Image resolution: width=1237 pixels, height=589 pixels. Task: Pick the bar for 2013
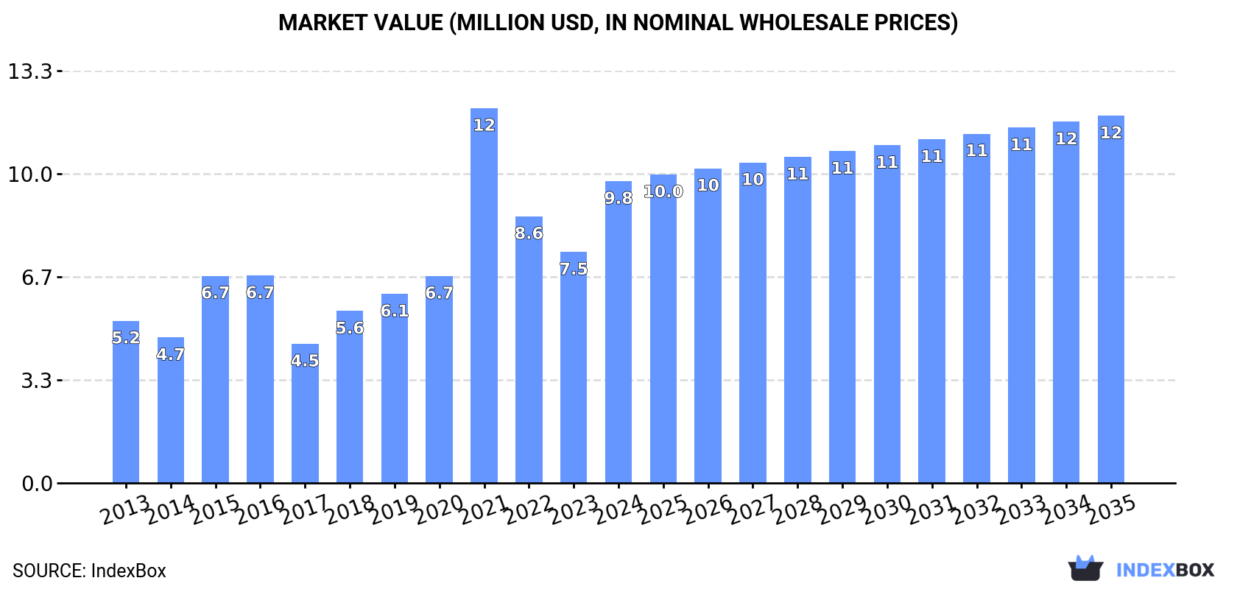[x=126, y=405]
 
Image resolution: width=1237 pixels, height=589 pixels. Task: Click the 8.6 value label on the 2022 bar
[x=529, y=233]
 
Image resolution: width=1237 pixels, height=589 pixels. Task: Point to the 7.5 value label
[x=574, y=269]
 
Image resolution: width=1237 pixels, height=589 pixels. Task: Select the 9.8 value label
[x=618, y=198]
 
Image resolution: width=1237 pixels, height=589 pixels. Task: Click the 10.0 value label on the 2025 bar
[x=663, y=191]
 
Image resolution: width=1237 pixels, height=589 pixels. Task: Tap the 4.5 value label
[x=305, y=361]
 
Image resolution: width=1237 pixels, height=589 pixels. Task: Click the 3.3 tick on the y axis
[x=36, y=381]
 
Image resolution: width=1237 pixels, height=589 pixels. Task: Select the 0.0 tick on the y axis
[x=36, y=484]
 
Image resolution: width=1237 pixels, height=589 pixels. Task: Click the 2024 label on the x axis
[x=618, y=509]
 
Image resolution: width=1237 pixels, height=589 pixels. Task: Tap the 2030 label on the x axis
[x=887, y=509]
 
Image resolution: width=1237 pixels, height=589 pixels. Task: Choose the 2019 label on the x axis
[x=395, y=509]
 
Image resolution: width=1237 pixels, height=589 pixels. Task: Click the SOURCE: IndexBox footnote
[x=89, y=571]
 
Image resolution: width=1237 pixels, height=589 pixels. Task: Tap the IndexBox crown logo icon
[x=1085, y=568]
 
